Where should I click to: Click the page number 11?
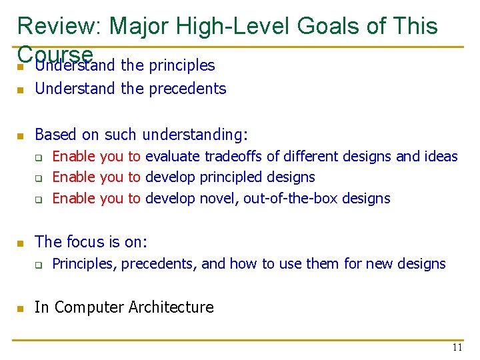457,347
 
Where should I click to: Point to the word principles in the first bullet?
182,65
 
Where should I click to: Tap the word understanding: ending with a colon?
195,135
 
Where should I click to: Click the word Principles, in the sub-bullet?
85,264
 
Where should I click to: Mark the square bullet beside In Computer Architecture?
21,309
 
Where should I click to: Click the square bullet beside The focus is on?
21,243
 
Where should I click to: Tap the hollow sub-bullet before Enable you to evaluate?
39,158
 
